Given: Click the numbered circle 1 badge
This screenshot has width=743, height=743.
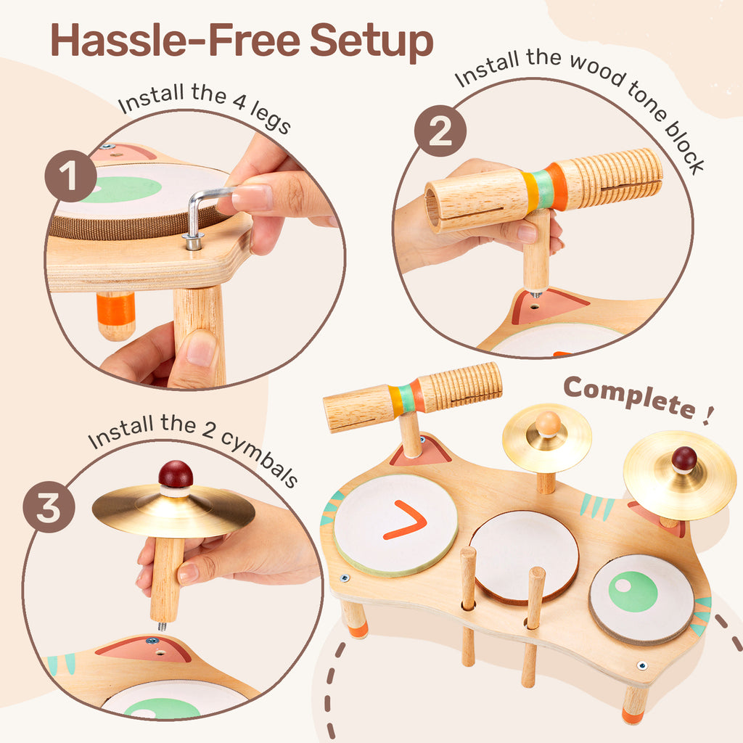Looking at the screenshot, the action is tap(70, 176).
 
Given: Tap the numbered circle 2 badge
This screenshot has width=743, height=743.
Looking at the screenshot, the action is tap(440, 131).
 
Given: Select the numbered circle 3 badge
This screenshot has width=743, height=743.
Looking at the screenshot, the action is tap(49, 507).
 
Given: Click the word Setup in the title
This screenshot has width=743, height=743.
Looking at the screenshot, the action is tap(371, 41).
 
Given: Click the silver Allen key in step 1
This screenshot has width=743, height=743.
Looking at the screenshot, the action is tap(205, 213).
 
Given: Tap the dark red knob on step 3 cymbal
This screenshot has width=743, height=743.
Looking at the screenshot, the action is tap(176, 475).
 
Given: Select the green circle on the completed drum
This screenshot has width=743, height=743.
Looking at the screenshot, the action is tap(633, 591).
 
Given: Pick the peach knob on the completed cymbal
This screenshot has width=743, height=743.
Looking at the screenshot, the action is tap(548, 423).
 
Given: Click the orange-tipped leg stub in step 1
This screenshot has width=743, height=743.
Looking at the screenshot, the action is tap(115, 316).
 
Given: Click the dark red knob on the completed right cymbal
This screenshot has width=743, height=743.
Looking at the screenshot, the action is tap(684, 459).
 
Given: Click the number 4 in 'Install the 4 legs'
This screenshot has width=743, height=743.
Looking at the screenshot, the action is tap(239, 100).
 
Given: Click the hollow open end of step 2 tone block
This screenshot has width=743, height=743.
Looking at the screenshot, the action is tap(432, 207).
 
